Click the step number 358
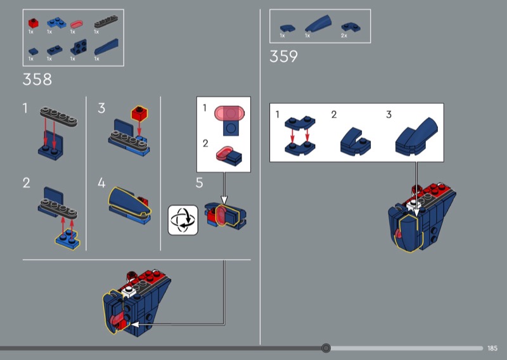[x=37, y=80]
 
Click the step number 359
[x=283, y=56]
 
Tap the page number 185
[x=493, y=348]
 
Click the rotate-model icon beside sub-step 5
[x=183, y=219]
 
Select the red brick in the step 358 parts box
[x=33, y=23]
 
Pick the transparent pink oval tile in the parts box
[x=76, y=24]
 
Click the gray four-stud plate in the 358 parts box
[x=105, y=23]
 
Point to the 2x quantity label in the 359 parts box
[x=344, y=35]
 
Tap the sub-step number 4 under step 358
[x=101, y=183]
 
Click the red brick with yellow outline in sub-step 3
[x=139, y=114]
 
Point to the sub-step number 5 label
[x=199, y=183]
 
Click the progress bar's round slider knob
[x=326, y=348]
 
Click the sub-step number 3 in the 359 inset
[x=389, y=115]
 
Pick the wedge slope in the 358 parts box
[x=105, y=48]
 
